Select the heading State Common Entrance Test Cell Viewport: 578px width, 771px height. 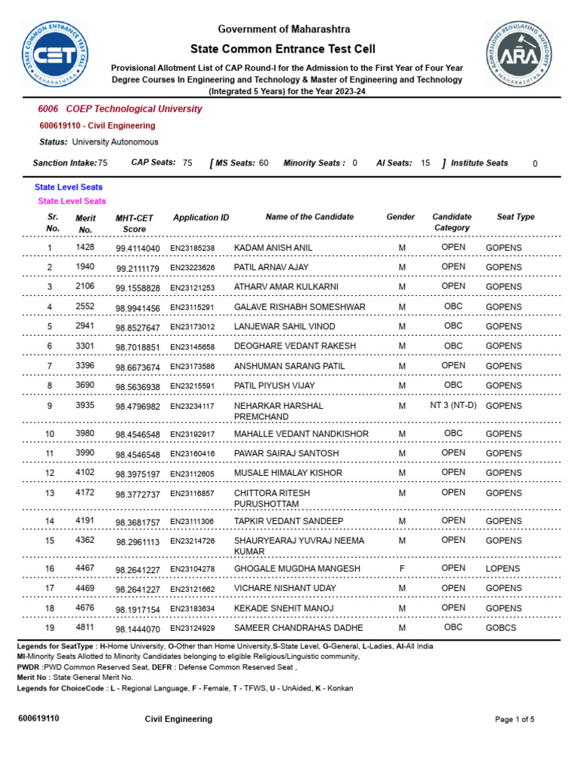coord(284,48)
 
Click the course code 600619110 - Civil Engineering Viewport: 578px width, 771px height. coord(96,126)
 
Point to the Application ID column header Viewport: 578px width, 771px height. coord(201,218)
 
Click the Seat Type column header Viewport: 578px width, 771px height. coord(516,217)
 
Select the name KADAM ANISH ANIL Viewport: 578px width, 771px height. coord(273,248)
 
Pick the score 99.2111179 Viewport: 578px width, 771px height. coord(138,268)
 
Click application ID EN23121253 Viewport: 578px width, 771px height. coord(192,288)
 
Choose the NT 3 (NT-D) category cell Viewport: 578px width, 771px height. coord(453,406)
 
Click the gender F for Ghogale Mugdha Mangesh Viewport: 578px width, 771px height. coord(402,568)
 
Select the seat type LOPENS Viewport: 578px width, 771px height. coord(503,568)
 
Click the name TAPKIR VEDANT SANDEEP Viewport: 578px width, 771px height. coord(288,521)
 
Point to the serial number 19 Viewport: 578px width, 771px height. coord(50,628)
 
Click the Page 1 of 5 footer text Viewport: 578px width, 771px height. coord(515,719)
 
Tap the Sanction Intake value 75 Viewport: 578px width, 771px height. coord(102,163)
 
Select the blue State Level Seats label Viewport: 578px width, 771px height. coord(68,187)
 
